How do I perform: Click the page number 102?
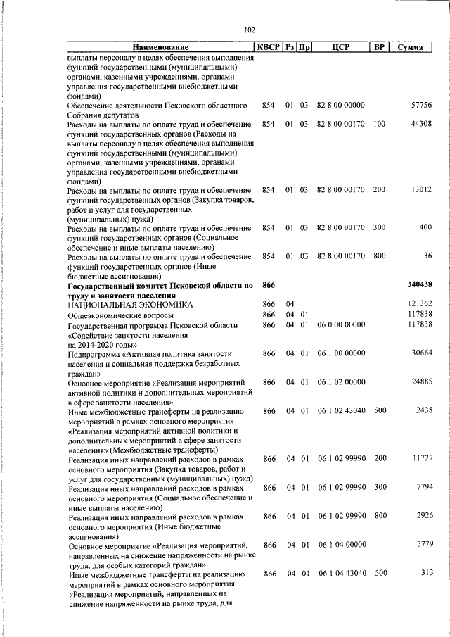point(249,30)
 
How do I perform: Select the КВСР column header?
point(268,48)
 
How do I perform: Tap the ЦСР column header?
point(340,48)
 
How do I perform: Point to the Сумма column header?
point(410,48)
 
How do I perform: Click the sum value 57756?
point(421,106)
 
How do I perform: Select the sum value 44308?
point(421,125)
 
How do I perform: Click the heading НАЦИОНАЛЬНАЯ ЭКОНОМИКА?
point(129,305)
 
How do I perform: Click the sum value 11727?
point(421,458)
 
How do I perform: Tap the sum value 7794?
point(423,487)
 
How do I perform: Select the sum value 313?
point(426,573)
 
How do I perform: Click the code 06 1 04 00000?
point(341,545)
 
